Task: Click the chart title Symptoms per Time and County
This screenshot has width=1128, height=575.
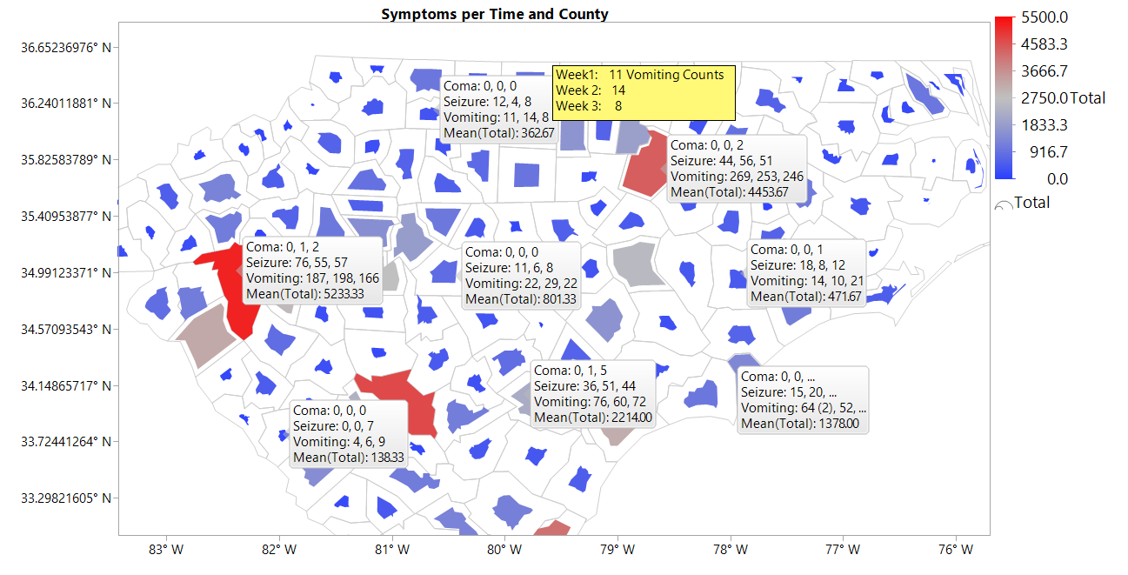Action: (x=494, y=14)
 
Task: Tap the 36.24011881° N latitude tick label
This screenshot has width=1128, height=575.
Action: (x=66, y=104)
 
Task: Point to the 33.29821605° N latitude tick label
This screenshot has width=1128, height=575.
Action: (x=66, y=498)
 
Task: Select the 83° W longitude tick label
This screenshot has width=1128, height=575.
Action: (x=165, y=550)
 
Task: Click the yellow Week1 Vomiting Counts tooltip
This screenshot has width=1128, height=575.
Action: (x=644, y=90)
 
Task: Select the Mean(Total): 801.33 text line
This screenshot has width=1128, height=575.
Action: (x=520, y=299)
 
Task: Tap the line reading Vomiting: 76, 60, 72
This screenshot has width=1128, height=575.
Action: (x=590, y=402)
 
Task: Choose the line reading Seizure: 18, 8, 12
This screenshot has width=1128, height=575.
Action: (x=798, y=265)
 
